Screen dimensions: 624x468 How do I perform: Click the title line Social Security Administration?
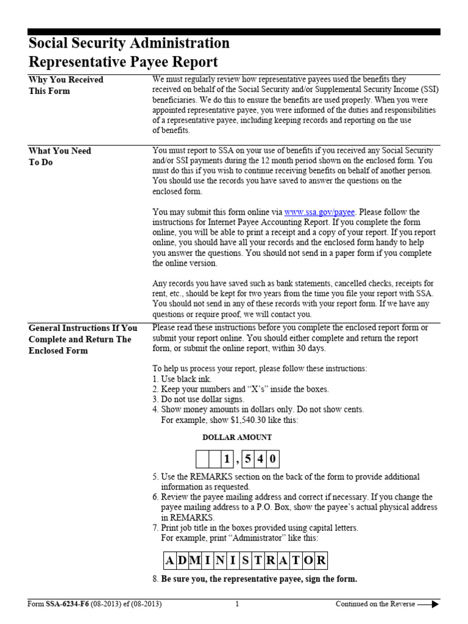click(129, 43)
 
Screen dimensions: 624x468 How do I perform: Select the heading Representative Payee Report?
click(123, 62)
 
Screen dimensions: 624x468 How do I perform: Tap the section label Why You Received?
click(66, 80)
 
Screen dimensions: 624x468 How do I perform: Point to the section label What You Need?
click(60, 151)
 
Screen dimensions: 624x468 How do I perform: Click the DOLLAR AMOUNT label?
click(237, 438)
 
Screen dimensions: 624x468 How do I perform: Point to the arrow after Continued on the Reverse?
click(428, 604)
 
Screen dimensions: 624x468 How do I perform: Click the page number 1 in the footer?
click(238, 604)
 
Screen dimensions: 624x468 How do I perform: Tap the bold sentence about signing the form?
click(258, 580)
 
